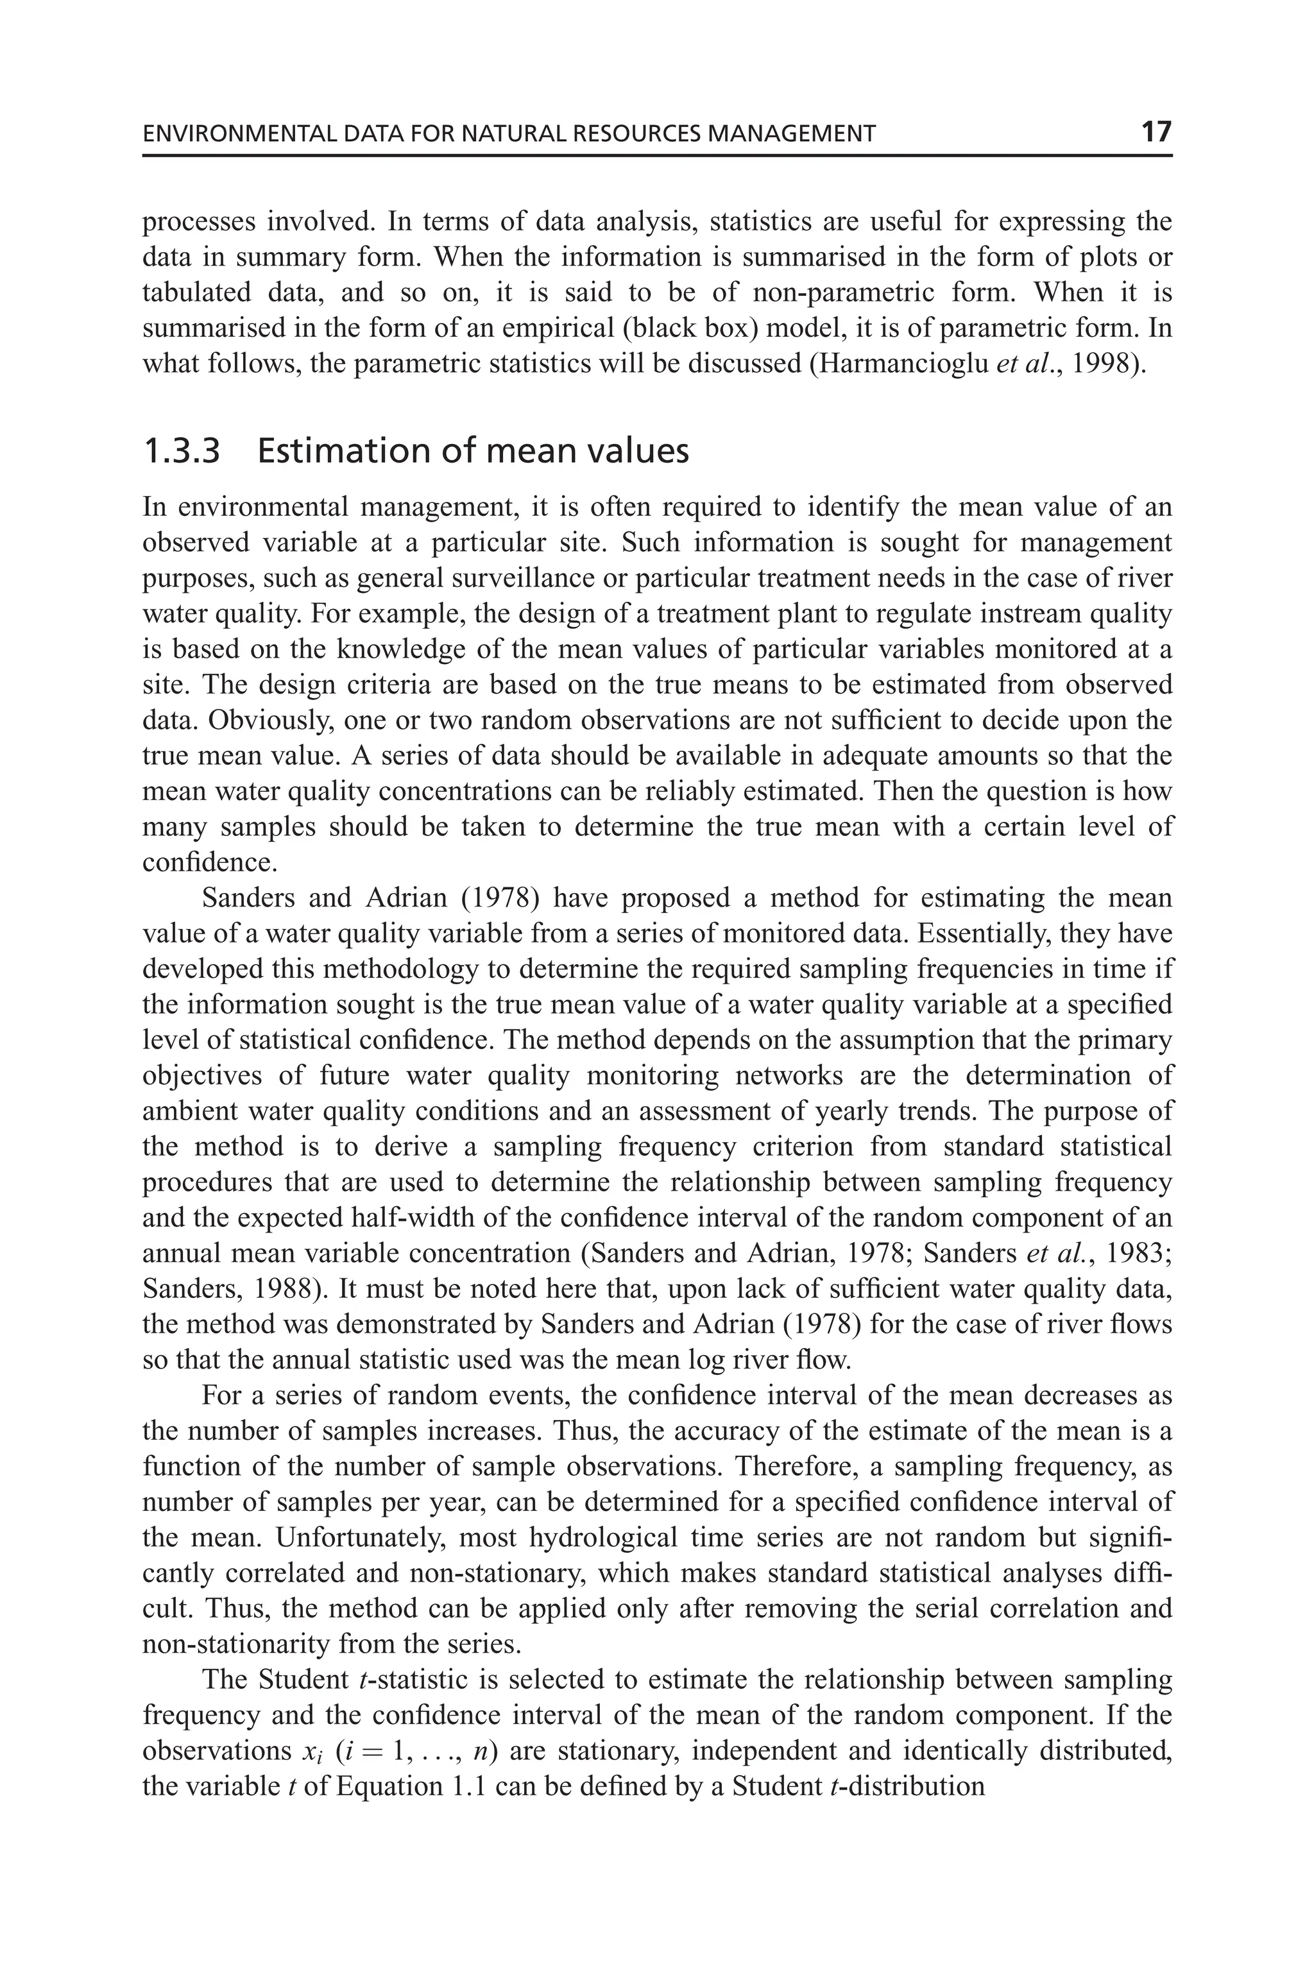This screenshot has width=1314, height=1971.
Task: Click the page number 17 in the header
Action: click(1156, 132)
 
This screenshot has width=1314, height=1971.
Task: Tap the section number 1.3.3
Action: click(182, 452)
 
